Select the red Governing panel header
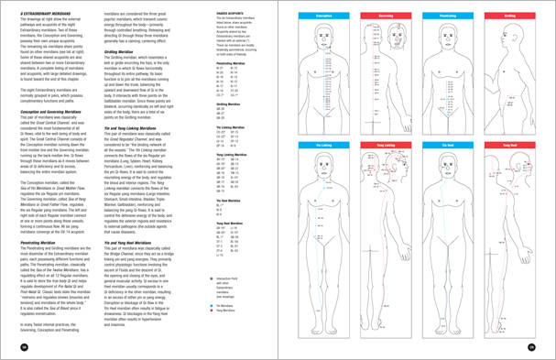click(380, 15)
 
